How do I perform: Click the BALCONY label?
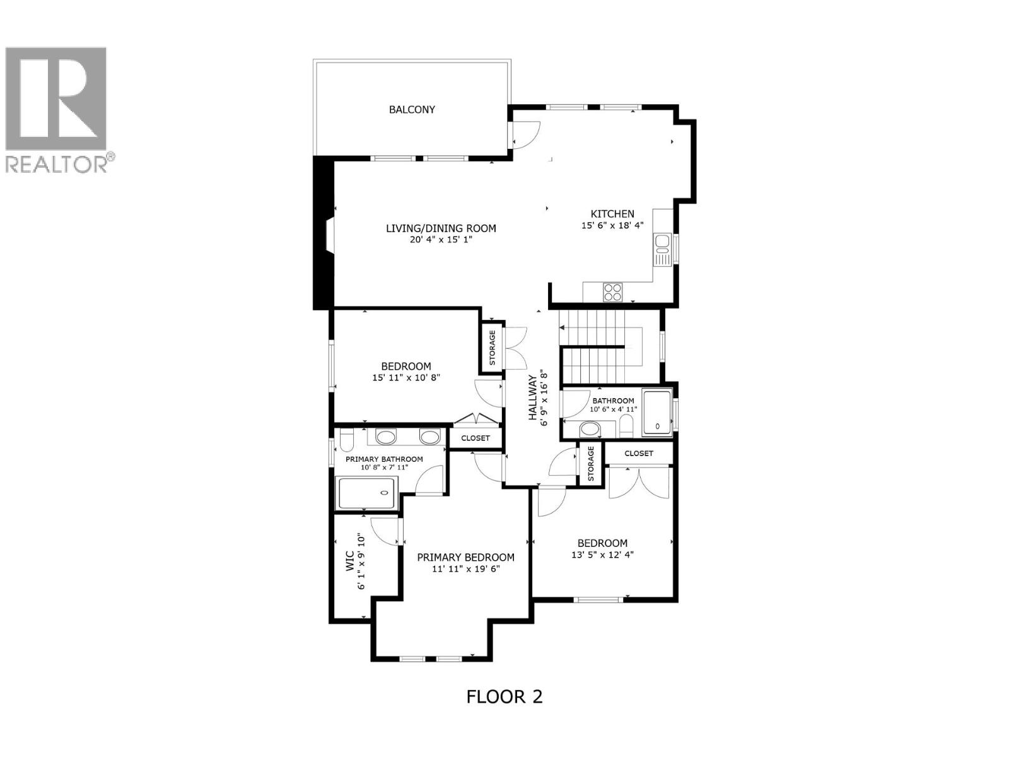(x=412, y=109)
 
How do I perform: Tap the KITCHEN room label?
(x=612, y=214)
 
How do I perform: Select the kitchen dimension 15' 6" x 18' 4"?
(x=612, y=225)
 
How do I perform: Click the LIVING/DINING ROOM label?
(x=441, y=228)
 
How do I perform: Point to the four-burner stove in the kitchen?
(x=612, y=292)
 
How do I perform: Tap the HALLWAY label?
(x=533, y=398)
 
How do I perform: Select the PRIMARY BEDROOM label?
(x=465, y=557)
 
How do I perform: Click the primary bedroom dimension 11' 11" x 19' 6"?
(x=465, y=569)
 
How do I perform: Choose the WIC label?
(x=351, y=563)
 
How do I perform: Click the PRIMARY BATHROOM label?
(x=384, y=459)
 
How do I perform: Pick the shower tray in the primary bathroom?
(x=367, y=493)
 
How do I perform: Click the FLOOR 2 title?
(x=504, y=696)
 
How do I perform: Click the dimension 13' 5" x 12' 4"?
(x=602, y=555)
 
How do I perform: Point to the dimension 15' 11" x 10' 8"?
(x=405, y=378)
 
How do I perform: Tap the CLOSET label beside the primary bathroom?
(x=475, y=438)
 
